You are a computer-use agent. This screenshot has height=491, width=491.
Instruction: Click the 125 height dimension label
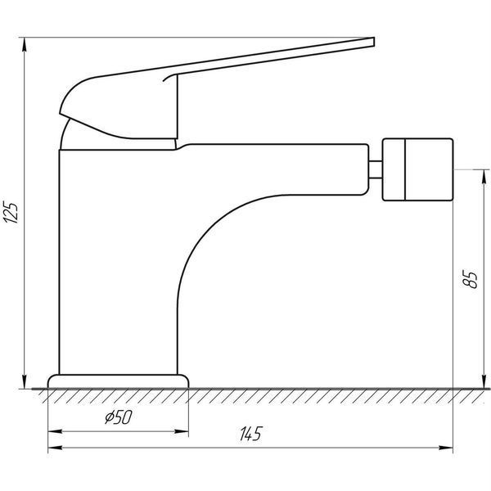[x=11, y=212]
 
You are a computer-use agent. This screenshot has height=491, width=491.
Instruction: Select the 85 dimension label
[x=470, y=278]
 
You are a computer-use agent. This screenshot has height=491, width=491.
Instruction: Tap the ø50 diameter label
[x=119, y=417]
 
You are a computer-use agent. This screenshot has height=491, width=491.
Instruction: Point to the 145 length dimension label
[x=250, y=434]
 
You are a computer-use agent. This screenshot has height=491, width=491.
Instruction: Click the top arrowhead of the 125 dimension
[x=24, y=44]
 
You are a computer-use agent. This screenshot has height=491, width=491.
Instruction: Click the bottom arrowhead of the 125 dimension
[x=24, y=381]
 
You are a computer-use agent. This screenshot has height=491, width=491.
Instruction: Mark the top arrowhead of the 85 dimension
[x=484, y=177]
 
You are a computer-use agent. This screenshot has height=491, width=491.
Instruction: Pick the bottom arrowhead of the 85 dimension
[x=484, y=381]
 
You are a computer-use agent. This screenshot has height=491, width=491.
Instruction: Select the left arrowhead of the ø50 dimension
[x=55, y=431]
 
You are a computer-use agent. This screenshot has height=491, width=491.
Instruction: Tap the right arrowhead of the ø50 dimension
[x=181, y=431]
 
